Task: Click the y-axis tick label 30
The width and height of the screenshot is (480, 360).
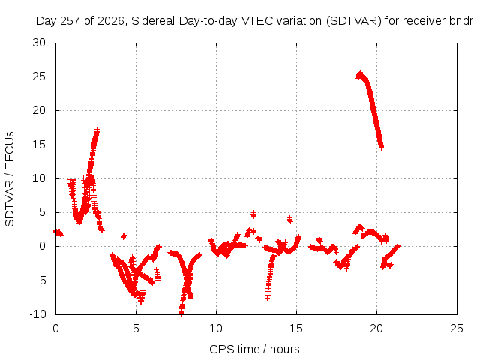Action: pos(39,43)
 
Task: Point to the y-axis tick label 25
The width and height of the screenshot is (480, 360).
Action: pos(39,76)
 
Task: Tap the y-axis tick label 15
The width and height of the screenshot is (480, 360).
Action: pos(39,145)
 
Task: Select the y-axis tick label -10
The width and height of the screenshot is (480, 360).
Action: pos(37,314)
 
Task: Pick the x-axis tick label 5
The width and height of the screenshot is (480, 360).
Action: pos(136,328)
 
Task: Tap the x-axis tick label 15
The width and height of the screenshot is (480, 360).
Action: pos(296,328)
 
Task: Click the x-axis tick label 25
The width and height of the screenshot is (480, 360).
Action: pos(457,328)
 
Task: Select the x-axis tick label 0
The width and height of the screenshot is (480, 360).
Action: pos(55,328)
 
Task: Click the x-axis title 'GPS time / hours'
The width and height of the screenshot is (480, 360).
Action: pos(254,349)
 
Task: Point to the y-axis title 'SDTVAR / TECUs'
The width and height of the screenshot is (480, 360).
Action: pos(10,179)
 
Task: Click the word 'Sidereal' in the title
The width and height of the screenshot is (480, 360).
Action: pos(153,21)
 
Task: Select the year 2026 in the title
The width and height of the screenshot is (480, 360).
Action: pos(111,21)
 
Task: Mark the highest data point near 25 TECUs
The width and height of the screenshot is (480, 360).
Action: pos(360,73)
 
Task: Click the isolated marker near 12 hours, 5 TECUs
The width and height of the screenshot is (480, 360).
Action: pos(253,214)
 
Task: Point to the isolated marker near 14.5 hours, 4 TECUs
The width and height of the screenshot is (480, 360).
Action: pos(290,219)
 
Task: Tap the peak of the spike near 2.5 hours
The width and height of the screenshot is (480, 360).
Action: pos(97,130)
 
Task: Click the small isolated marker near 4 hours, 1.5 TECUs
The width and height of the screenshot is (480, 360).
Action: pos(124,235)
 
